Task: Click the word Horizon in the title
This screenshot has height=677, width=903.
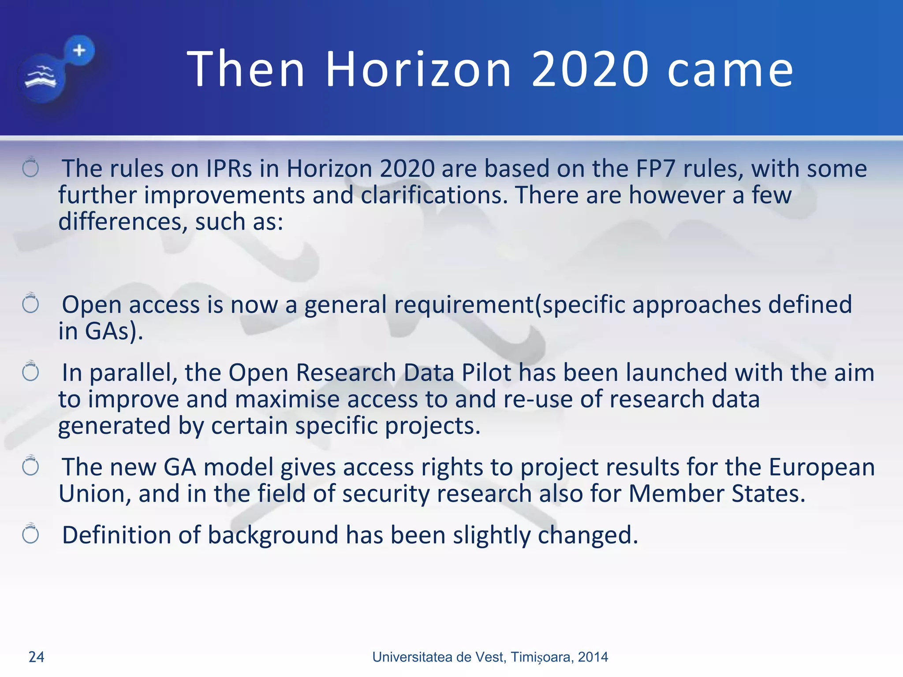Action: tap(418, 69)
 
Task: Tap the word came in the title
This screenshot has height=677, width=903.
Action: tap(730, 70)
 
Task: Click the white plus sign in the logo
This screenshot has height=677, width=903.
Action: tap(79, 50)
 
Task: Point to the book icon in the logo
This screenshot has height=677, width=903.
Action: tap(41, 78)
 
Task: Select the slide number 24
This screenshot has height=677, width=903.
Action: tap(36, 657)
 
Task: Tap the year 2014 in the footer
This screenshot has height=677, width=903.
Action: tap(593, 657)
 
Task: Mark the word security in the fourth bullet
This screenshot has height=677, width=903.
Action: tap(385, 494)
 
